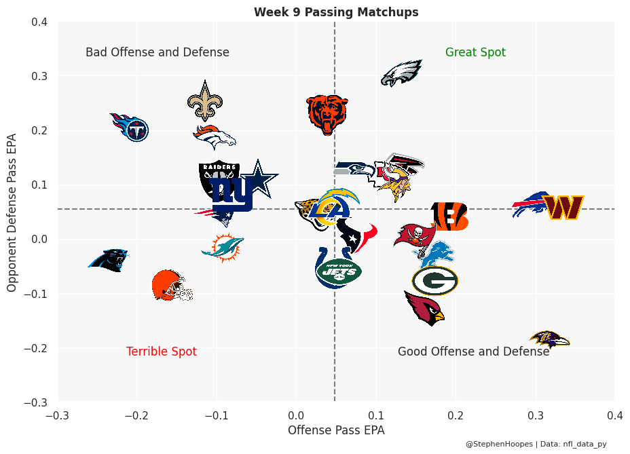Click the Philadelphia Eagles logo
coord(402,73)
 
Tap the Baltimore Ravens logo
coord(549,339)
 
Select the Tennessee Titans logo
coord(130,127)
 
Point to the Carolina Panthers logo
coord(109,260)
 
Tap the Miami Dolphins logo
coord(223,248)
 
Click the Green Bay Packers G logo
coord(434,280)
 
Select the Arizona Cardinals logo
coord(424,307)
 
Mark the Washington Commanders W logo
coord(563,208)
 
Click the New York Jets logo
coord(339,273)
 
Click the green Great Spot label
coord(475,52)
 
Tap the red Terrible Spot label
coord(162,352)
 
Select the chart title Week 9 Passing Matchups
coord(336,12)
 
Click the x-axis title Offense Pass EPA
coord(336,430)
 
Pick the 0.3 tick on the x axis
coord(536,414)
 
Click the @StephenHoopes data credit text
coord(536,444)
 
